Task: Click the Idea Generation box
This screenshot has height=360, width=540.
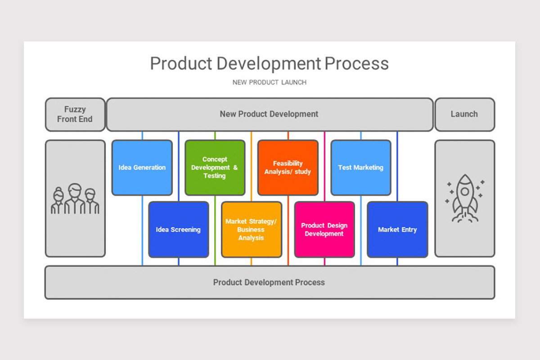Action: [x=142, y=167]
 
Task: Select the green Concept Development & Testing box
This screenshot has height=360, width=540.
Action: [x=215, y=167]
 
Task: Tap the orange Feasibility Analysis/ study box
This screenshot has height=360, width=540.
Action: [x=288, y=167]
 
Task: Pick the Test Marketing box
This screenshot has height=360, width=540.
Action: [x=361, y=167]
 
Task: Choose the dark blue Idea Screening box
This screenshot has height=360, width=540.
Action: [x=179, y=229]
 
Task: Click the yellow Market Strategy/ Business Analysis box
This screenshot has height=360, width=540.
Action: [x=252, y=229]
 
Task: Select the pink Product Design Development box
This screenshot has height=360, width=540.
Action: [x=324, y=229]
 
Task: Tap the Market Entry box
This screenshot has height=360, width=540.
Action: [x=397, y=229]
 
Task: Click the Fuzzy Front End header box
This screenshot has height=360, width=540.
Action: [x=75, y=115]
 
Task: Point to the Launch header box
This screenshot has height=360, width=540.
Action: [x=465, y=115]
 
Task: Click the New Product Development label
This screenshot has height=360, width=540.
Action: [x=269, y=114]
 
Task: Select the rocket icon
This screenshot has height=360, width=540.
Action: [x=465, y=198]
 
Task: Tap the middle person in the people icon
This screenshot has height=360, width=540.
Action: [x=75, y=199]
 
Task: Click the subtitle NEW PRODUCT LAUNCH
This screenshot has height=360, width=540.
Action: [x=269, y=82]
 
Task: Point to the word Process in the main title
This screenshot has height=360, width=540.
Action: [x=356, y=63]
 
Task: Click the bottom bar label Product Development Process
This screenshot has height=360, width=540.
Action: [x=269, y=282]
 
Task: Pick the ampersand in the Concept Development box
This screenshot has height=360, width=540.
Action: [x=235, y=167]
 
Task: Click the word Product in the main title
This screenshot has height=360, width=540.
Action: [x=181, y=63]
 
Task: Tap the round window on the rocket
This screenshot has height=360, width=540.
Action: [x=465, y=192]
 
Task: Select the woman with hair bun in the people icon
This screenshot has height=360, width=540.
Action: [x=58, y=201]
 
